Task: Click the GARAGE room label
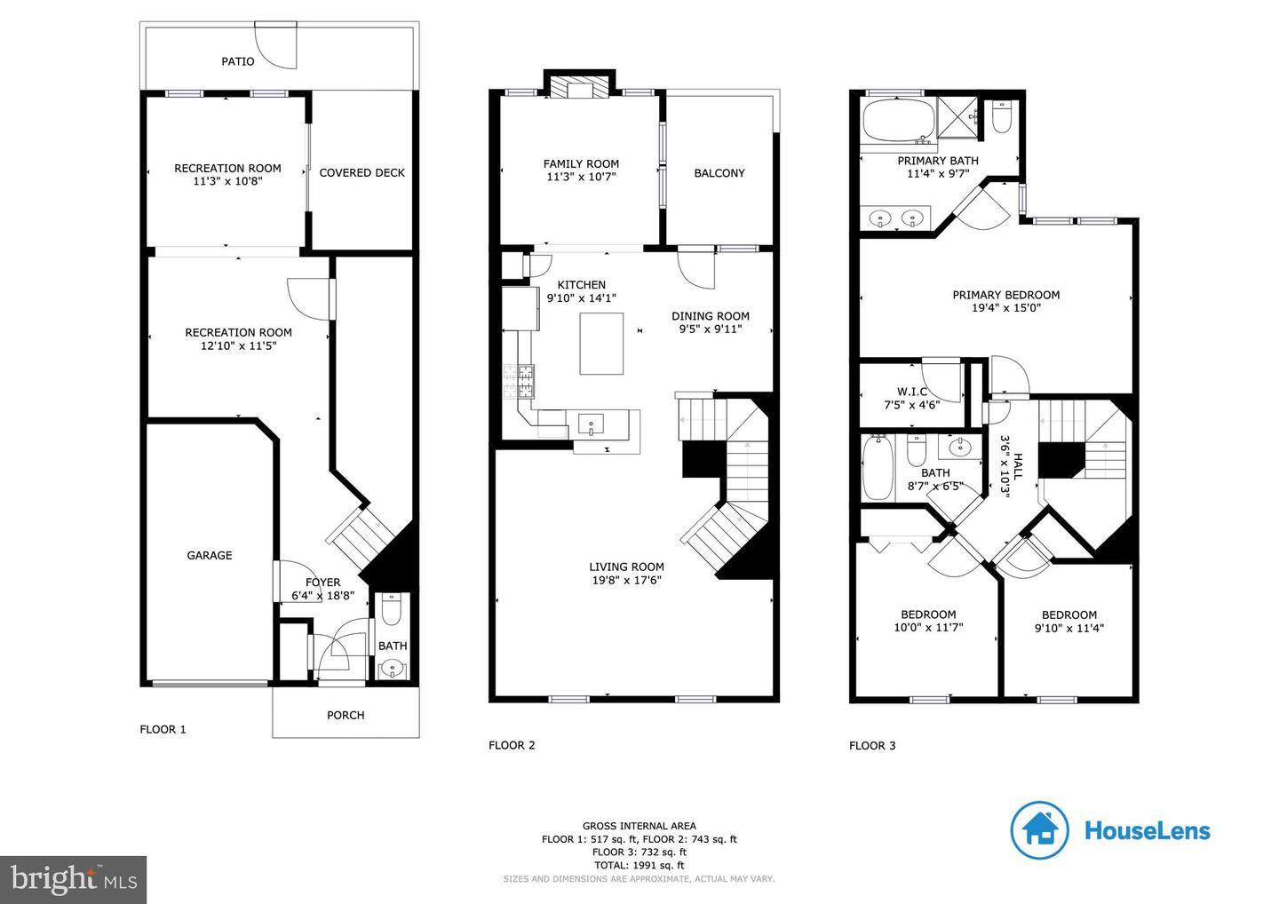[210, 555]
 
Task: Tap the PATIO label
[238, 61]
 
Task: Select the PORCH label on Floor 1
[346, 715]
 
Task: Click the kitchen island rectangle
[601, 344]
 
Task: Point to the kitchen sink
[591, 424]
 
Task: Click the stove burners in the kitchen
[519, 381]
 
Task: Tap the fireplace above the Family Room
[579, 84]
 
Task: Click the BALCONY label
[719, 173]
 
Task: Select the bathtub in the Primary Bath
[899, 121]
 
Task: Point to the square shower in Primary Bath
[957, 117]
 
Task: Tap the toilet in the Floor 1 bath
[391, 609]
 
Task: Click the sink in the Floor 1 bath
[392, 669]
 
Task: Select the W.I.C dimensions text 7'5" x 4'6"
[912, 405]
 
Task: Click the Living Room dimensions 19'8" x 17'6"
[626, 581]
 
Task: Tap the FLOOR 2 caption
[512, 745]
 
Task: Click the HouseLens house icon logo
[1039, 830]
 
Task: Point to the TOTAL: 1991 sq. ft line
[639, 865]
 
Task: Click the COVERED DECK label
[361, 173]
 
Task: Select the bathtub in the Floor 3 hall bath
[878, 467]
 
